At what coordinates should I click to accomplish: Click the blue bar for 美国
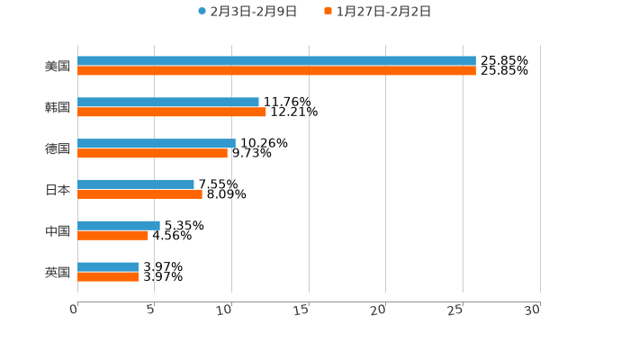[276, 61]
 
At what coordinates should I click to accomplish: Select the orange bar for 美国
[276, 71]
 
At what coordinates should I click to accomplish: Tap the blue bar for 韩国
[168, 103]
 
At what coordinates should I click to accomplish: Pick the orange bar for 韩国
[172, 112]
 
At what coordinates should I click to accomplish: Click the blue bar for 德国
[157, 144]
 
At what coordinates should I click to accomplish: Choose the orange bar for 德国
[153, 154]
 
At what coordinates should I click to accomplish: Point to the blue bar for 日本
[136, 184]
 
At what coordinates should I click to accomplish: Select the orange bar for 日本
[139, 194]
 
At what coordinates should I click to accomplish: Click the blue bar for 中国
[119, 226]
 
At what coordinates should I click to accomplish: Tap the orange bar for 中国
[112, 236]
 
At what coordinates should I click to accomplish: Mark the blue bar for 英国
[108, 267]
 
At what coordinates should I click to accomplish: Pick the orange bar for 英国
[108, 277]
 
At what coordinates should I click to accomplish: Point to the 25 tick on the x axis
[456, 310]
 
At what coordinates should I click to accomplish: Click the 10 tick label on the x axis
[225, 310]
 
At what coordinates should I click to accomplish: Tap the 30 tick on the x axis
[533, 310]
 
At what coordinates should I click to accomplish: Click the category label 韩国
[58, 108]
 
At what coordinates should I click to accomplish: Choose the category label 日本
[58, 190]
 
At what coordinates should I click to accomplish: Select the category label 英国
[58, 273]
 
